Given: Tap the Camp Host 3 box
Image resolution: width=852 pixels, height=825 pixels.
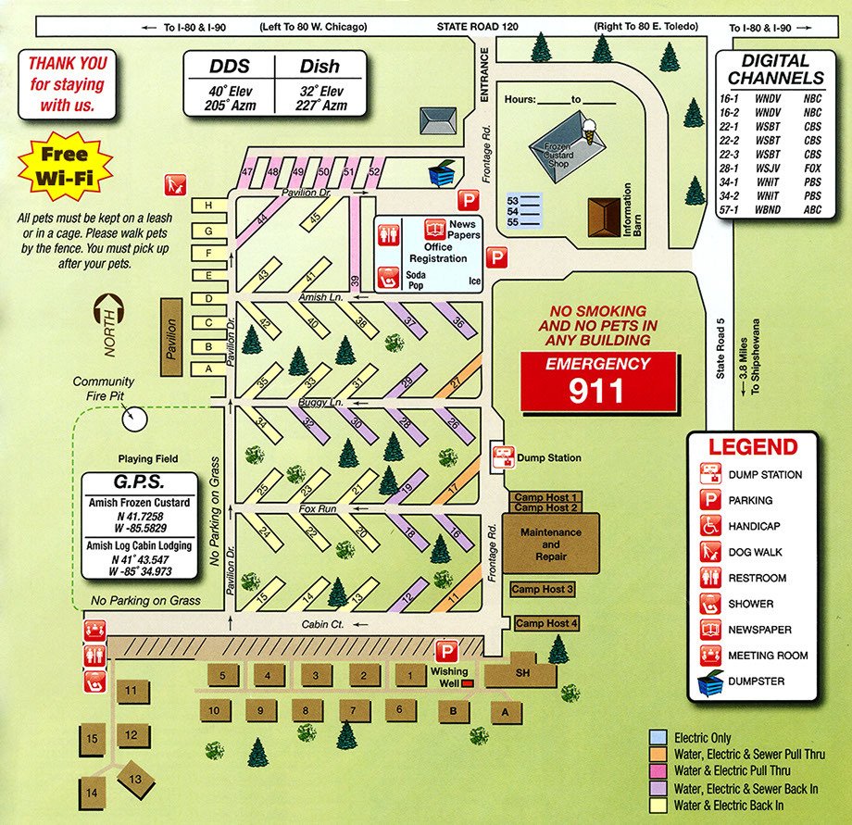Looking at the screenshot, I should coord(543,590).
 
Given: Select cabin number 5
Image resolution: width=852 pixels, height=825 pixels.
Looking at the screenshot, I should coord(222,676).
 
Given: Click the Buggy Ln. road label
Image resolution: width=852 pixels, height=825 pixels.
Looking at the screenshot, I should coord(321,403).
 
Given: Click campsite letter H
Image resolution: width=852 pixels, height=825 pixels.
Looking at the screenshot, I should coord(208,205).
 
